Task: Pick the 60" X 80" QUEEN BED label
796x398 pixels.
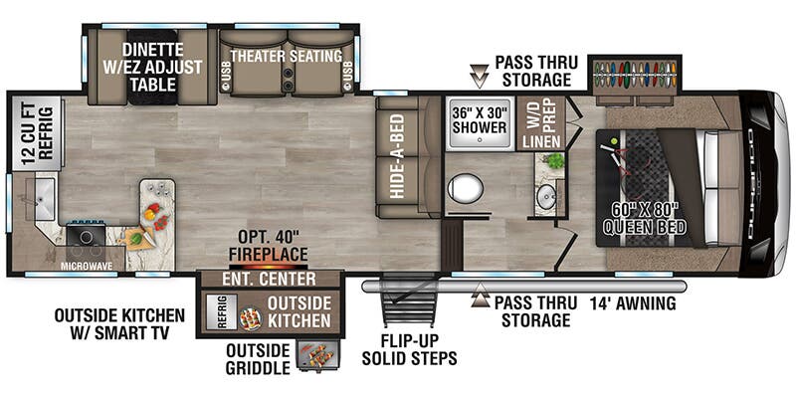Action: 646,218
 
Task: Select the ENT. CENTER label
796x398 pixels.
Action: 271,280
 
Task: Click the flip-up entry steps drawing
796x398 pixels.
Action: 411,306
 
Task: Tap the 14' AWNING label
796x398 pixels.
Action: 633,303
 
